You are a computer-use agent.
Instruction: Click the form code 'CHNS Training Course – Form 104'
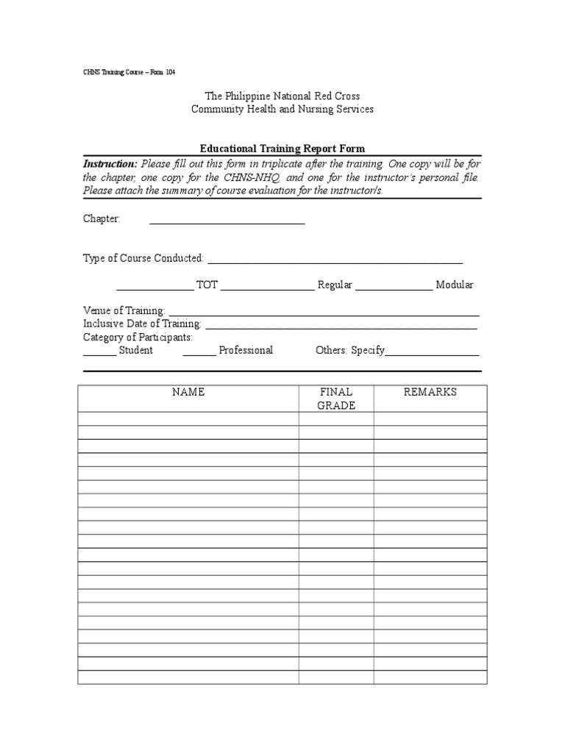coord(129,72)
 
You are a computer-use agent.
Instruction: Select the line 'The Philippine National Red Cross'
coord(282,96)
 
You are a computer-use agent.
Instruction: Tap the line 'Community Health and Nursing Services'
coord(282,109)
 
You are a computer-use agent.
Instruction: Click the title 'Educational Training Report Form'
coord(282,149)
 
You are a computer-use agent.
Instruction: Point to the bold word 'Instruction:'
coord(110,163)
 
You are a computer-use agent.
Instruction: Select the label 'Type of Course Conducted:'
coord(143,258)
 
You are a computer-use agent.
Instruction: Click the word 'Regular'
coord(335,285)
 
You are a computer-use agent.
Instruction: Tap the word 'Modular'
coord(455,285)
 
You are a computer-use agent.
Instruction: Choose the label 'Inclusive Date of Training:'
coord(142,324)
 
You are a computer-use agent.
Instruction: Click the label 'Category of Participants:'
coord(138,337)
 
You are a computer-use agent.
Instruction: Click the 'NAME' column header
coord(188,392)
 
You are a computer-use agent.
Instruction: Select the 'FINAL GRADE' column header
coord(336,399)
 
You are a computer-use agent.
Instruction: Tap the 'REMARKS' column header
coord(430,392)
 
